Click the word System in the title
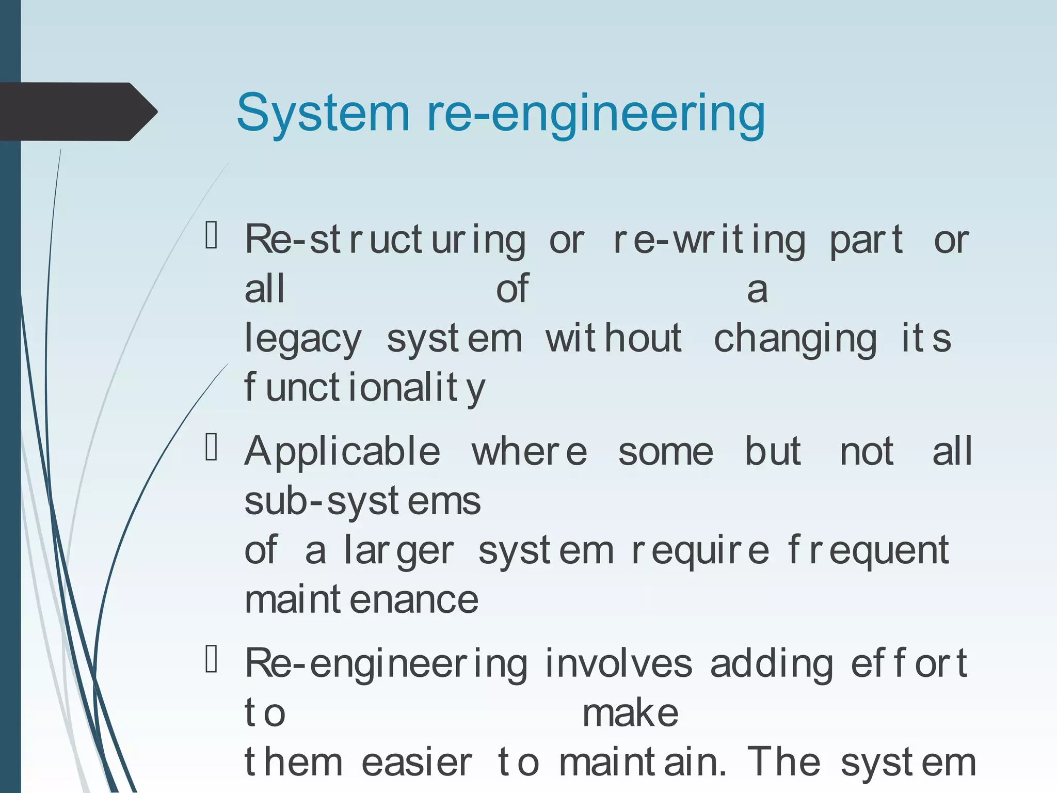click(x=323, y=114)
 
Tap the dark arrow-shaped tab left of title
click(x=77, y=112)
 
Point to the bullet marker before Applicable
click(x=212, y=447)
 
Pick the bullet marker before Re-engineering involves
click(x=212, y=659)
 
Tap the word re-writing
click(x=708, y=241)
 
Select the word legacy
click(x=303, y=340)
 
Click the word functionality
click(x=364, y=388)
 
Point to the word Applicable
click(x=342, y=452)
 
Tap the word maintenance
click(x=361, y=600)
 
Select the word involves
click(x=618, y=664)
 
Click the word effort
click(x=909, y=664)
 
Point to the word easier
click(x=417, y=763)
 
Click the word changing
click(x=795, y=340)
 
